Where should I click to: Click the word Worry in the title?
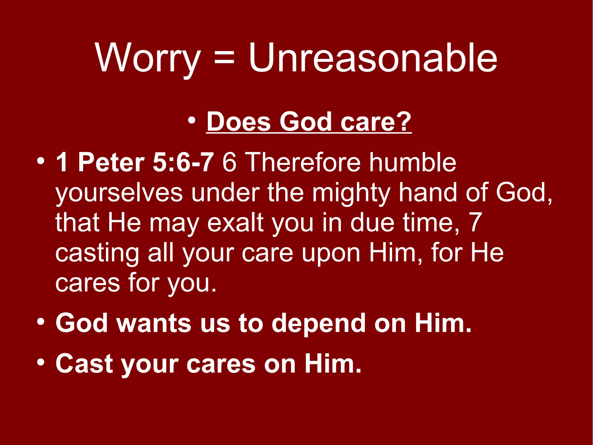pos(148,58)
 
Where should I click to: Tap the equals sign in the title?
pos(224,58)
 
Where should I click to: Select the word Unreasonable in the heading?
pos(373,58)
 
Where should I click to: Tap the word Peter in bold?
pos(111,162)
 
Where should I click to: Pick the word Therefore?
pos(304,162)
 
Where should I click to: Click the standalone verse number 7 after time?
pos(475,223)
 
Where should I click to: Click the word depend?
pos(319,323)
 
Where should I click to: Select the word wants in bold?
pos(153,323)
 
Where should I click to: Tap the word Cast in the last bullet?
pos(84,364)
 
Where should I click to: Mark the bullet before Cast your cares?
pos(41,362)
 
